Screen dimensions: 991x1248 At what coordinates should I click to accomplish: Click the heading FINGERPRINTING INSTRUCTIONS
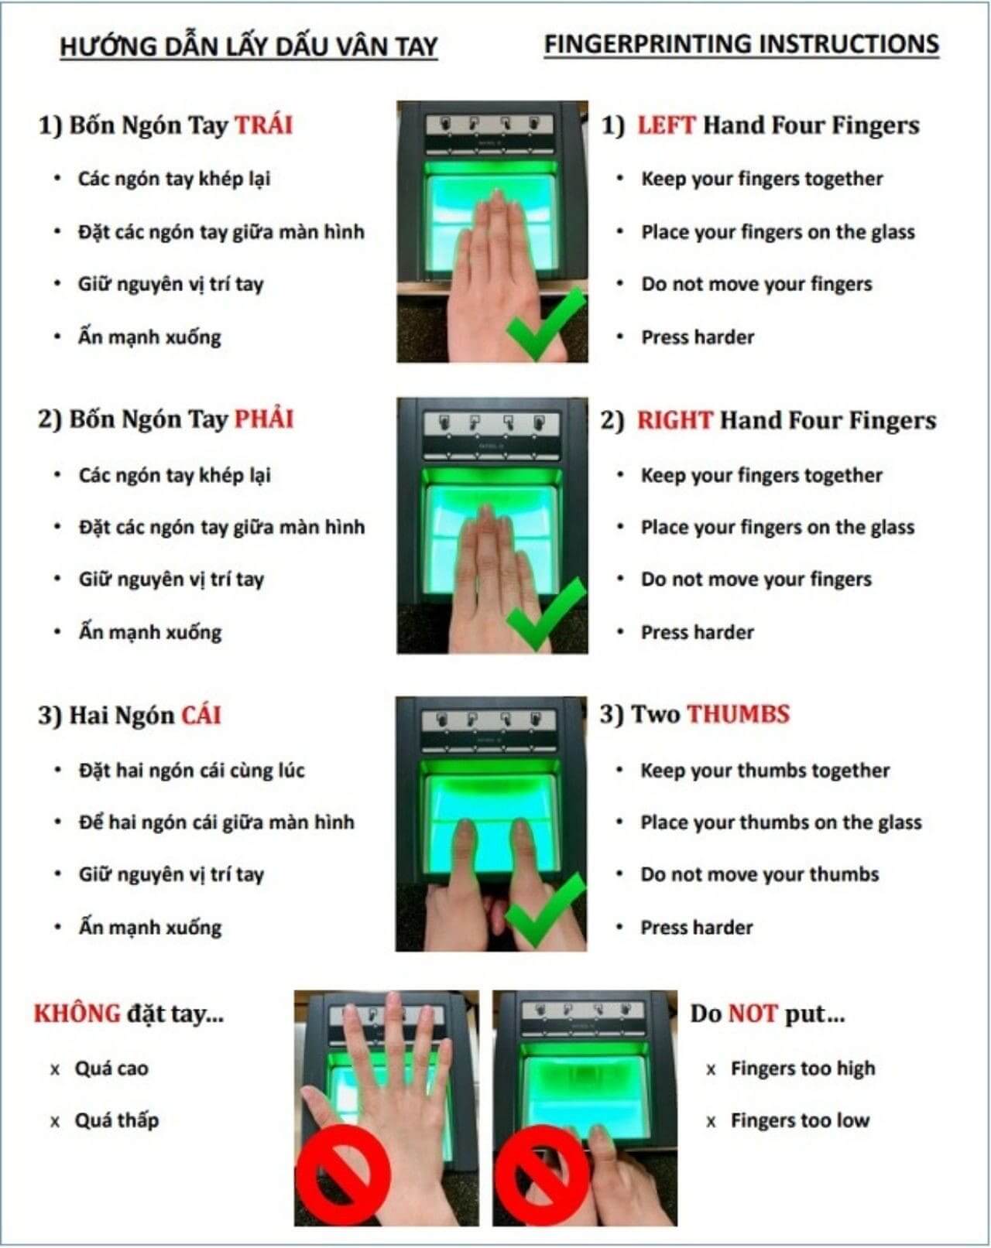[742, 44]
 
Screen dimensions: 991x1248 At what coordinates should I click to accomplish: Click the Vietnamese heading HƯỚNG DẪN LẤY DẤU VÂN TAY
[249, 46]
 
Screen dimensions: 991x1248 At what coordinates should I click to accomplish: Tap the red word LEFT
[666, 125]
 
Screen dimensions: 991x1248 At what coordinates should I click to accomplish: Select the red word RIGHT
[675, 420]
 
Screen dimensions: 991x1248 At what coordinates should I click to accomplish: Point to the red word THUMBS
[739, 714]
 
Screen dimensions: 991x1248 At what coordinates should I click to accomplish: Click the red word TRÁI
[263, 125]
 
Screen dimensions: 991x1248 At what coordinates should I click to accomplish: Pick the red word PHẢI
[264, 419]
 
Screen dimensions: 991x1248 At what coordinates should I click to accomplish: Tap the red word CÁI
[201, 714]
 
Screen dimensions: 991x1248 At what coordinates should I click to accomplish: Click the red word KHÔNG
[77, 1013]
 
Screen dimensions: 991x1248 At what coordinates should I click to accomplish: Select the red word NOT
[753, 1013]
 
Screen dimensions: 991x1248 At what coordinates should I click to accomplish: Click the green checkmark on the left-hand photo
[546, 323]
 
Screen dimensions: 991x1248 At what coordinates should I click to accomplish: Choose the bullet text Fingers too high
[803, 1068]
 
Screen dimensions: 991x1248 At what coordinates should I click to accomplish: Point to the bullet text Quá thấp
[117, 1120]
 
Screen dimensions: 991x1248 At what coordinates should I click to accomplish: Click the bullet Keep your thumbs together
[765, 770]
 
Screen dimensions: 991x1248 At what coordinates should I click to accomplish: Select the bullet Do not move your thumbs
[760, 874]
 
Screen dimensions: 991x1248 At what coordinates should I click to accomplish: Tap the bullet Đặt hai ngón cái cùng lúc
[191, 770]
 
